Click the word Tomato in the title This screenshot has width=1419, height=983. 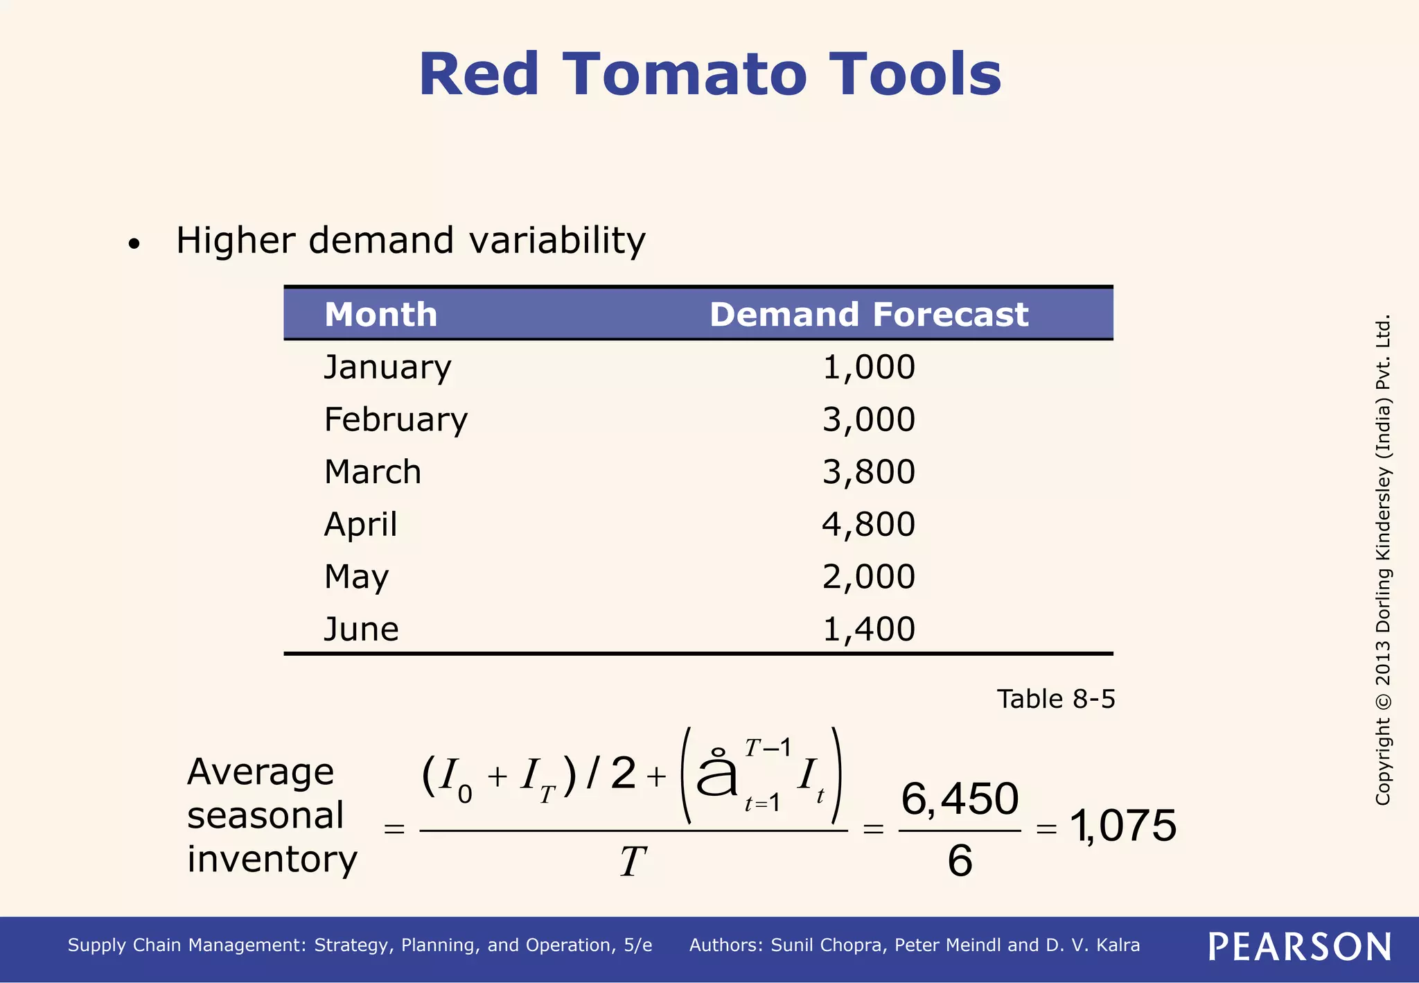click(x=685, y=75)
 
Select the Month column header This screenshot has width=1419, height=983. click(x=380, y=315)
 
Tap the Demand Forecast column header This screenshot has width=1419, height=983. click(x=868, y=315)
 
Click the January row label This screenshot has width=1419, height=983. click(x=387, y=367)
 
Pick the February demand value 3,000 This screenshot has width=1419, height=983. click(x=868, y=420)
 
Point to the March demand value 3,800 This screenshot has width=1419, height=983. click(x=868, y=472)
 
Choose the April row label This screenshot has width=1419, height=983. click(x=360, y=525)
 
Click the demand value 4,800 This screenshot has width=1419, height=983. click(x=868, y=525)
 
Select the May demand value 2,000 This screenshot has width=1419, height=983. click(x=868, y=577)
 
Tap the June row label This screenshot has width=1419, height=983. click(x=361, y=629)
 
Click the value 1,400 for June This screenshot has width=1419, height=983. click(x=868, y=629)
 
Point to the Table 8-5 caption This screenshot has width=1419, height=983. click(x=1055, y=699)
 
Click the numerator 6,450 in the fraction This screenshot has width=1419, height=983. click(x=960, y=799)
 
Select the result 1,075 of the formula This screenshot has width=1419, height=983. click(x=1123, y=826)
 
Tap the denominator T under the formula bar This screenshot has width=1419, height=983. click(x=633, y=863)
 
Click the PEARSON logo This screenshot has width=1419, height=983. click(x=1300, y=947)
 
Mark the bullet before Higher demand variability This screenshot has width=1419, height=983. click(x=134, y=244)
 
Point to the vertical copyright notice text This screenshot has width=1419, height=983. click(x=1383, y=560)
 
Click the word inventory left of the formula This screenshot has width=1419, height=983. click(x=272, y=860)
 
